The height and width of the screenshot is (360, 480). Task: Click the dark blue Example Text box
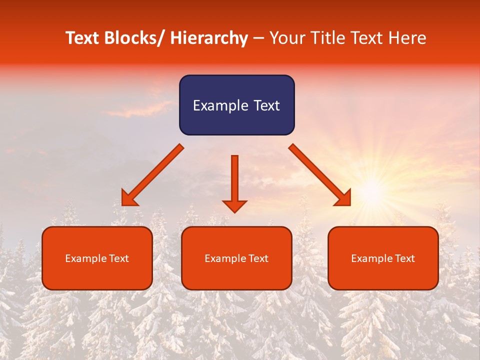236,105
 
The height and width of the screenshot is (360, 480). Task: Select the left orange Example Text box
97,258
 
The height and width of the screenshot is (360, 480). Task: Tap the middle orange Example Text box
236,258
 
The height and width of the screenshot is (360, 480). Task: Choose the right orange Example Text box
383,258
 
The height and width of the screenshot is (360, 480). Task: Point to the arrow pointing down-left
153,174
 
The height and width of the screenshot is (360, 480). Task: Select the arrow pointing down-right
319,174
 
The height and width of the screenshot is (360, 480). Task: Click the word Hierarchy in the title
209,38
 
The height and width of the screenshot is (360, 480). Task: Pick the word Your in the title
287,38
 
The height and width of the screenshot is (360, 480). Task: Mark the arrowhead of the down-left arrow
129,198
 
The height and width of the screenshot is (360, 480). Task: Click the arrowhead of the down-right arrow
343,198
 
